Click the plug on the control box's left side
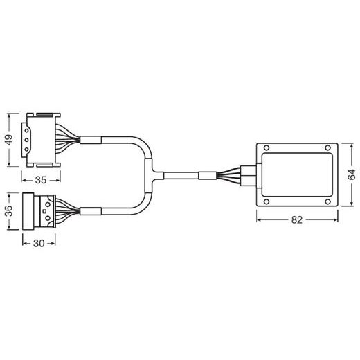(x=249, y=174)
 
